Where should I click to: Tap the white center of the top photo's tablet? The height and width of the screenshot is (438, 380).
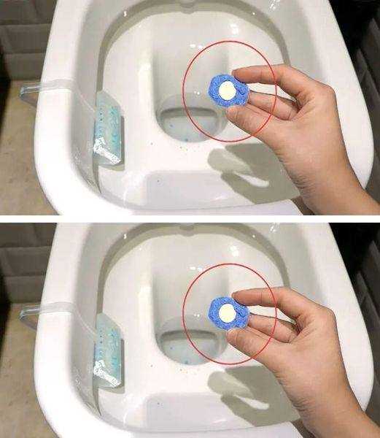(x=227, y=91)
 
